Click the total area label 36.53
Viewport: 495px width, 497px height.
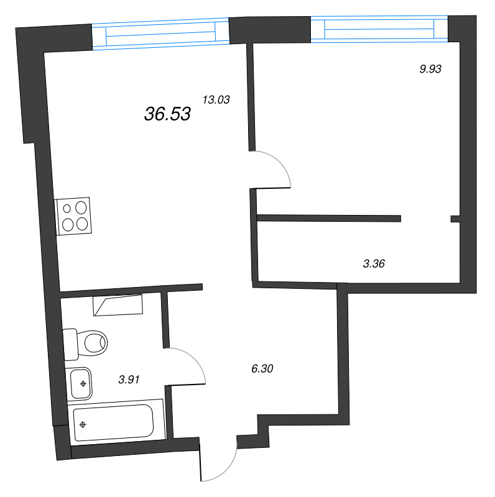[x=167, y=114]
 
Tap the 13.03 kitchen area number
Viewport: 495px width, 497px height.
[x=216, y=99]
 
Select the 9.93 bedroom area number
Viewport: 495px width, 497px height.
[x=430, y=69]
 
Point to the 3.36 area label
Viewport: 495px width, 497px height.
[x=374, y=263]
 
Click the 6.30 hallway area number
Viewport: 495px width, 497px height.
[x=262, y=368]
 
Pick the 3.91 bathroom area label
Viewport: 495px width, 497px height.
[x=129, y=379]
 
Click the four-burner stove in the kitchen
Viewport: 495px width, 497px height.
[x=73, y=216]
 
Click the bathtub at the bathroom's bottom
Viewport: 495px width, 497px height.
[x=113, y=423]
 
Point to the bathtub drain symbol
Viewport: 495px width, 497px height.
[x=83, y=425]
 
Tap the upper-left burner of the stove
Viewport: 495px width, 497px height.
[x=67, y=209]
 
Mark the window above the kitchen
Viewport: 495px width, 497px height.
[x=160, y=35]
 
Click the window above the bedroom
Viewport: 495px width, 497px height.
[x=379, y=28]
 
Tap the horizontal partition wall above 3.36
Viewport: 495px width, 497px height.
[x=329, y=217]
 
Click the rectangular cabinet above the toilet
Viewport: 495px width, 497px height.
[x=118, y=305]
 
